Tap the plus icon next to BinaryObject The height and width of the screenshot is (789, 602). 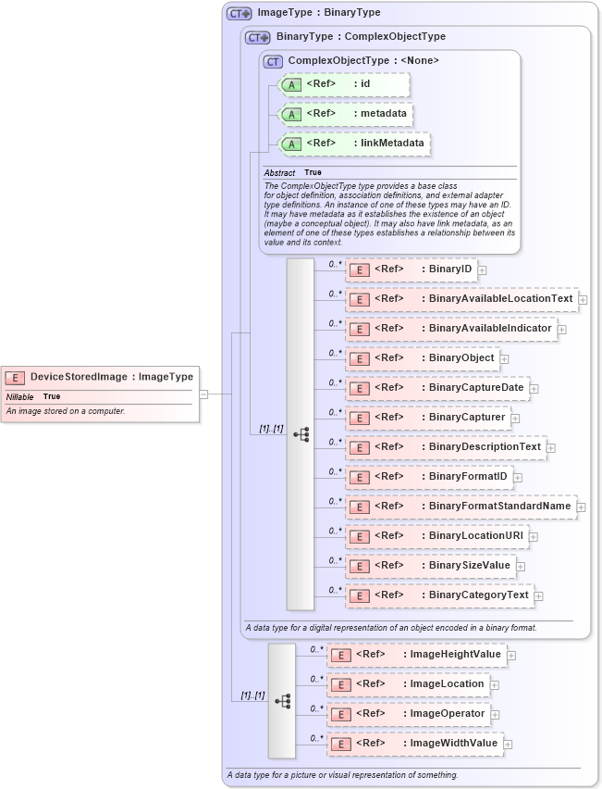click(504, 358)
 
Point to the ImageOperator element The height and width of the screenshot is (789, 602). click(408, 714)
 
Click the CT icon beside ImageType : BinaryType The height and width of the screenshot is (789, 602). click(240, 14)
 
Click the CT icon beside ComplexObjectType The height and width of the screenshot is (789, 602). click(273, 61)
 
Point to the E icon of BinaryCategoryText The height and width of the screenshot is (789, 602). click(360, 595)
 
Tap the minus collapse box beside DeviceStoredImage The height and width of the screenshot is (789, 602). click(203, 394)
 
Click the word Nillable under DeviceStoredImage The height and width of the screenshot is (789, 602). click(20, 396)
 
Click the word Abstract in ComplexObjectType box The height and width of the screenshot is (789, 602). click(279, 173)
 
